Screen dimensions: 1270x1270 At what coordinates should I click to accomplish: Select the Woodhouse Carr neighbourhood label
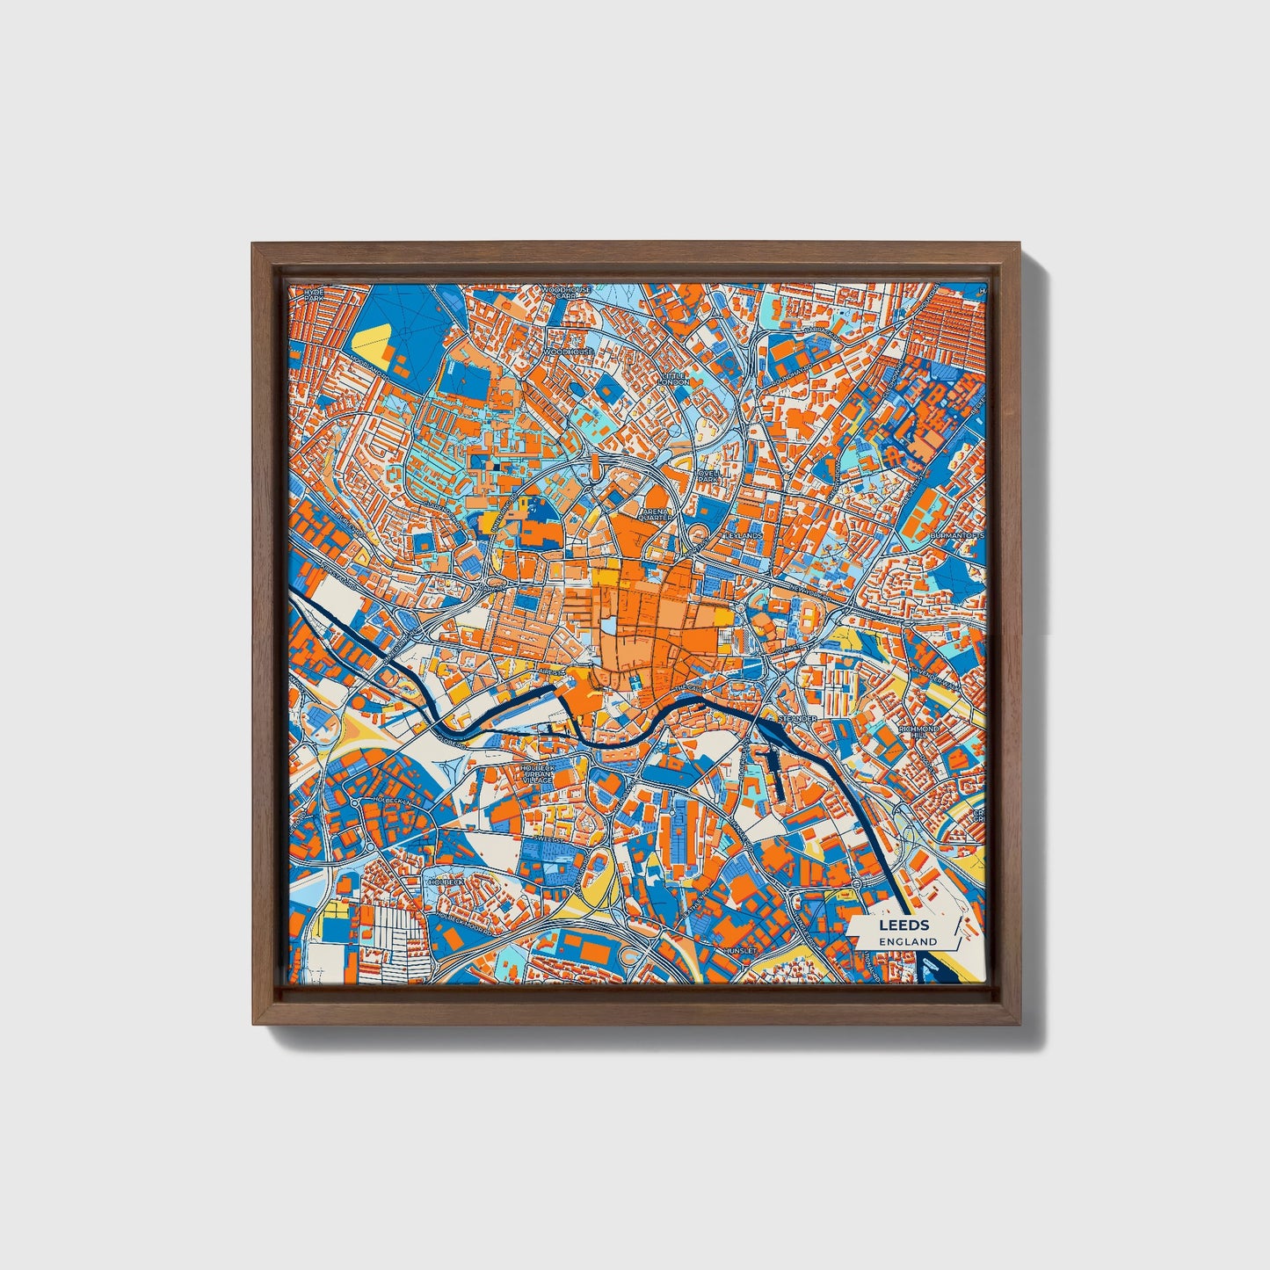click(565, 293)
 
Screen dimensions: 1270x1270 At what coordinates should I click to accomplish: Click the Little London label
click(675, 378)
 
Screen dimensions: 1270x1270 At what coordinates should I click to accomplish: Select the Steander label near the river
click(797, 719)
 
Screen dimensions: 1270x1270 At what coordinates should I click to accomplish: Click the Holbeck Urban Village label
click(538, 773)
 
